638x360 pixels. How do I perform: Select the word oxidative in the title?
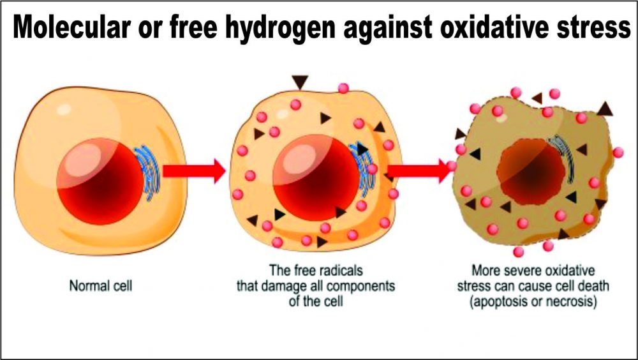(x=495, y=29)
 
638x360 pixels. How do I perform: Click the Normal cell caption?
(x=100, y=285)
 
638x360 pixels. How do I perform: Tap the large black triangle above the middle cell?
(x=300, y=82)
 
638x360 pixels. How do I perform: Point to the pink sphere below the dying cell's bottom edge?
(x=518, y=251)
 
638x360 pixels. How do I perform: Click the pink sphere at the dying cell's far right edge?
(x=618, y=153)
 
